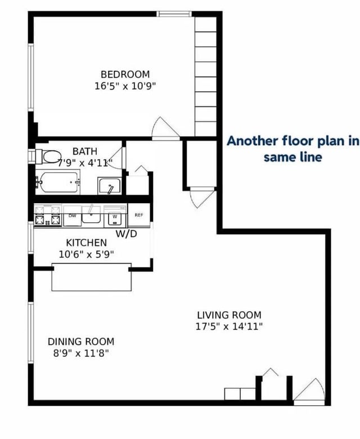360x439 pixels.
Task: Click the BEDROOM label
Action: point(125,74)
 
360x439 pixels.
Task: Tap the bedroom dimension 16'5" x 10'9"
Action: point(125,86)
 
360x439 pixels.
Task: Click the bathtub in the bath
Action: point(58,182)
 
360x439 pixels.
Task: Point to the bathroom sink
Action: point(110,186)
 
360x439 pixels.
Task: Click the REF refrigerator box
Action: point(139,215)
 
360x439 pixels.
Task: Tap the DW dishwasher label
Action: point(73,216)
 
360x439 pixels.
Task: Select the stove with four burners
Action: point(48,216)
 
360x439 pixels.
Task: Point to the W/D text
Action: point(127,234)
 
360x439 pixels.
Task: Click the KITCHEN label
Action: point(87,243)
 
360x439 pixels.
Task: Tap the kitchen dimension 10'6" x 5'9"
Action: point(87,254)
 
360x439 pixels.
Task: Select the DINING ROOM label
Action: point(81,342)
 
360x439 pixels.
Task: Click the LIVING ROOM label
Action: point(229,315)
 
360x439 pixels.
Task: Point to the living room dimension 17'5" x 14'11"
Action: point(229,326)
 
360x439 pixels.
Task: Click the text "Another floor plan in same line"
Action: point(292,149)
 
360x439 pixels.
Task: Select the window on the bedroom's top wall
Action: point(174,14)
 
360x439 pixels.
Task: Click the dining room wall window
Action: point(31,333)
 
